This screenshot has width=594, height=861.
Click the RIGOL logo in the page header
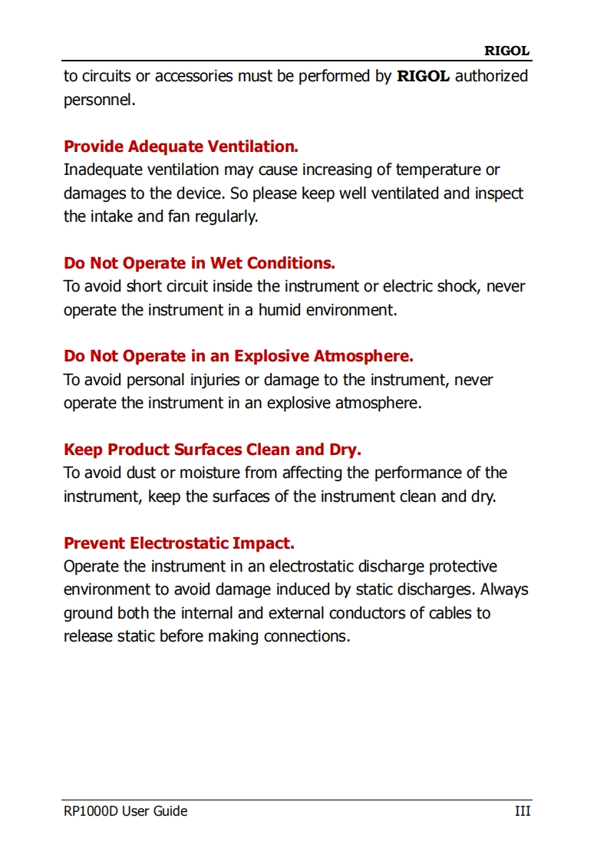507,51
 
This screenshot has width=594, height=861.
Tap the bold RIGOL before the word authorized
423,76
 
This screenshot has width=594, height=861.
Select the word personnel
99,100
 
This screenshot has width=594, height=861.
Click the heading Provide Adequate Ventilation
181,147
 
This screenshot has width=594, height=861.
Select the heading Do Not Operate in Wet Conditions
200,263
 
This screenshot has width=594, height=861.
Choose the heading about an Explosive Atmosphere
239,356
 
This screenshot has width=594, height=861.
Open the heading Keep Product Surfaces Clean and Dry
213,450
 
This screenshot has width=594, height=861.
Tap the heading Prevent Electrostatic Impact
179,543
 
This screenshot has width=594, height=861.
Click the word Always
504,590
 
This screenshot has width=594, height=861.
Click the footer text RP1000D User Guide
125,811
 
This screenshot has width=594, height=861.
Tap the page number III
522,811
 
